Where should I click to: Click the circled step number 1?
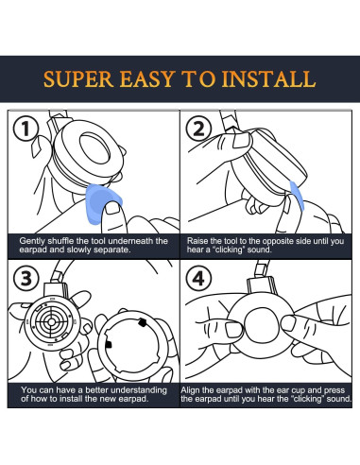click(26, 129)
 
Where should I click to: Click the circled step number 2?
click(198, 129)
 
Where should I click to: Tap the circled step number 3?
click(26, 278)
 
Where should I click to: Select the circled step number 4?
click(198, 278)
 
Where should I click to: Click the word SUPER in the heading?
click(78, 79)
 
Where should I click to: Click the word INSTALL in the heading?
click(268, 79)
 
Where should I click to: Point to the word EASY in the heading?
click(147, 79)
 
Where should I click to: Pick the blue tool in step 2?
click(297, 196)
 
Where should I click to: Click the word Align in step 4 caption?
click(190, 390)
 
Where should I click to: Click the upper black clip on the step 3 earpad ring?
click(143, 322)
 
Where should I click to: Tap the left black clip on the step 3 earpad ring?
click(109, 344)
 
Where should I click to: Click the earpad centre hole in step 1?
click(94, 148)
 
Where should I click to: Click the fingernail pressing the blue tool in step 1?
click(112, 208)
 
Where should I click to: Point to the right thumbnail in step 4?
click(288, 323)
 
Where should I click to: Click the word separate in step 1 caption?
click(113, 250)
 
